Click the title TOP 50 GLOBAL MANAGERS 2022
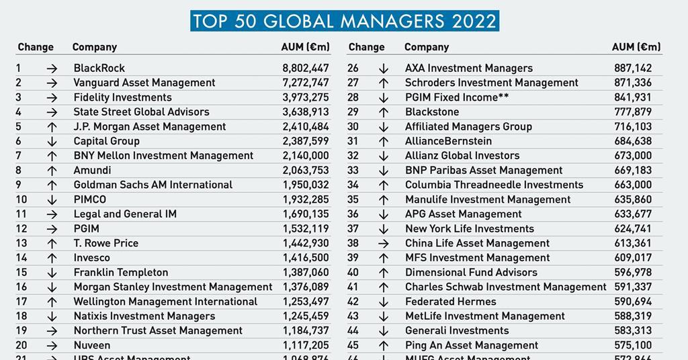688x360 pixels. click(x=344, y=21)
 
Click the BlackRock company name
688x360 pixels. click(x=99, y=68)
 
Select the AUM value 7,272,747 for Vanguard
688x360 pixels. click(x=306, y=83)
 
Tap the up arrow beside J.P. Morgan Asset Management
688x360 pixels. click(x=52, y=126)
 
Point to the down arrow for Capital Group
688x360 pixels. click(x=52, y=141)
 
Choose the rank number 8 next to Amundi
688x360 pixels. click(x=19, y=171)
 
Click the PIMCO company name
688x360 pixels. click(x=90, y=199)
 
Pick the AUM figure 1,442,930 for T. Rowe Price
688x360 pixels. click(x=306, y=243)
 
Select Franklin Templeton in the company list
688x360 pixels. click(x=121, y=273)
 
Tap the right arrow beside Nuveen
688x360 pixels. click(x=52, y=345)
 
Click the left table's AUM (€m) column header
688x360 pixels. click(x=305, y=47)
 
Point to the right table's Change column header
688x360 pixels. click(x=367, y=47)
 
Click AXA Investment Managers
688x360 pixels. click(x=469, y=68)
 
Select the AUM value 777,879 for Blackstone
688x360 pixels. click(x=633, y=111)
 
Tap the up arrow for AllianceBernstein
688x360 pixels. click(x=384, y=141)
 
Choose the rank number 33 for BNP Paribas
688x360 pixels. click(x=353, y=171)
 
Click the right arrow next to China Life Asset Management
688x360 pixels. click(x=384, y=243)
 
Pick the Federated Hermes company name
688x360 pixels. click(x=451, y=302)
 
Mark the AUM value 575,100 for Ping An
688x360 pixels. click(x=633, y=345)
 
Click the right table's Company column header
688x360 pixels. click(x=427, y=47)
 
